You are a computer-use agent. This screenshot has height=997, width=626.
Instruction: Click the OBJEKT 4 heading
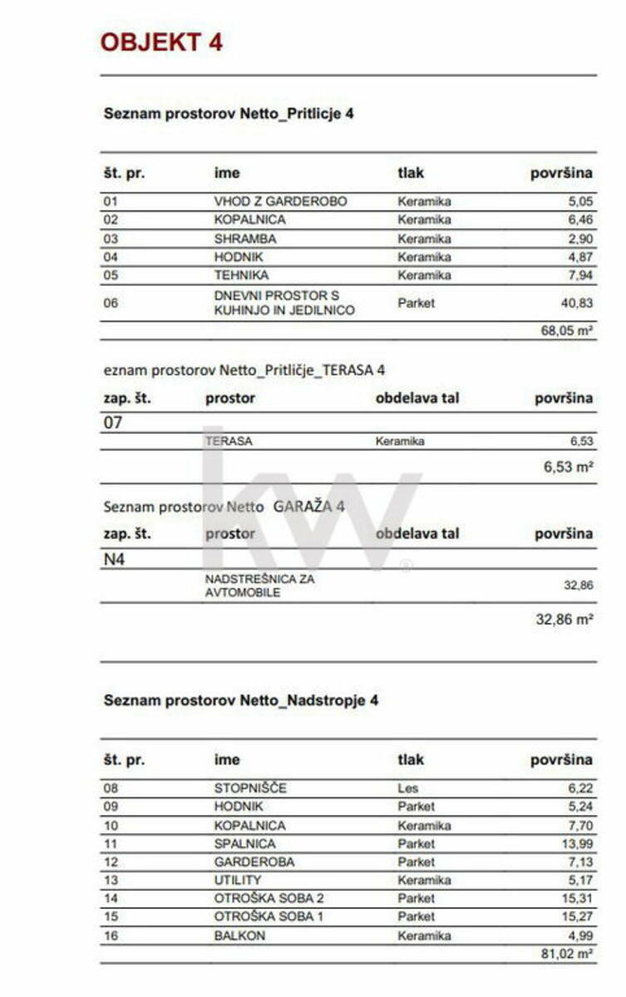coord(161,42)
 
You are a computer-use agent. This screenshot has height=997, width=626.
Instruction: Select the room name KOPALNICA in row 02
coord(249,220)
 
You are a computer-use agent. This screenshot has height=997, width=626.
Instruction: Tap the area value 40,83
coord(576,303)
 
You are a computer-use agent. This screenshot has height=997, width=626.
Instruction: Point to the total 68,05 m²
coord(566,331)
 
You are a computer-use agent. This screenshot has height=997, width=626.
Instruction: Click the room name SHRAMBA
coord(245,239)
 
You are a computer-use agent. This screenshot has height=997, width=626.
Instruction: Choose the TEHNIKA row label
coord(241,276)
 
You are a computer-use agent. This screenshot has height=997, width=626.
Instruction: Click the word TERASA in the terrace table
coord(229,442)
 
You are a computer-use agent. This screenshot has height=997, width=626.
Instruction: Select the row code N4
coord(114,559)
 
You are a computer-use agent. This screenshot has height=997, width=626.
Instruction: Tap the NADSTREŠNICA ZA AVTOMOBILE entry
coord(259,586)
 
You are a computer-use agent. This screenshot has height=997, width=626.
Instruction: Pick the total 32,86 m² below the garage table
coord(564,619)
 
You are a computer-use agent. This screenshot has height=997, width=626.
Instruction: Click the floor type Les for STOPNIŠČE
coord(407,788)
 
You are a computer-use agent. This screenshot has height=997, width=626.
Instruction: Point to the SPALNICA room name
coord(244,843)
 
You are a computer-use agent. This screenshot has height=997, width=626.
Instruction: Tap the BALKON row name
coord(239,936)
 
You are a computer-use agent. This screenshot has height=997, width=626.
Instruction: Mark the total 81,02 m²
coord(566,955)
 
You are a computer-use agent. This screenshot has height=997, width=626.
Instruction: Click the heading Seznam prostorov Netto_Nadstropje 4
coord(240,700)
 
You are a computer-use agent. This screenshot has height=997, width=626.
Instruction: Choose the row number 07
coord(113,423)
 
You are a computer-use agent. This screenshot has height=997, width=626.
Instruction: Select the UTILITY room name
coord(238,880)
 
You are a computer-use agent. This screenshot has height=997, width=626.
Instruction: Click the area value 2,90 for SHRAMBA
coord(579,239)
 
